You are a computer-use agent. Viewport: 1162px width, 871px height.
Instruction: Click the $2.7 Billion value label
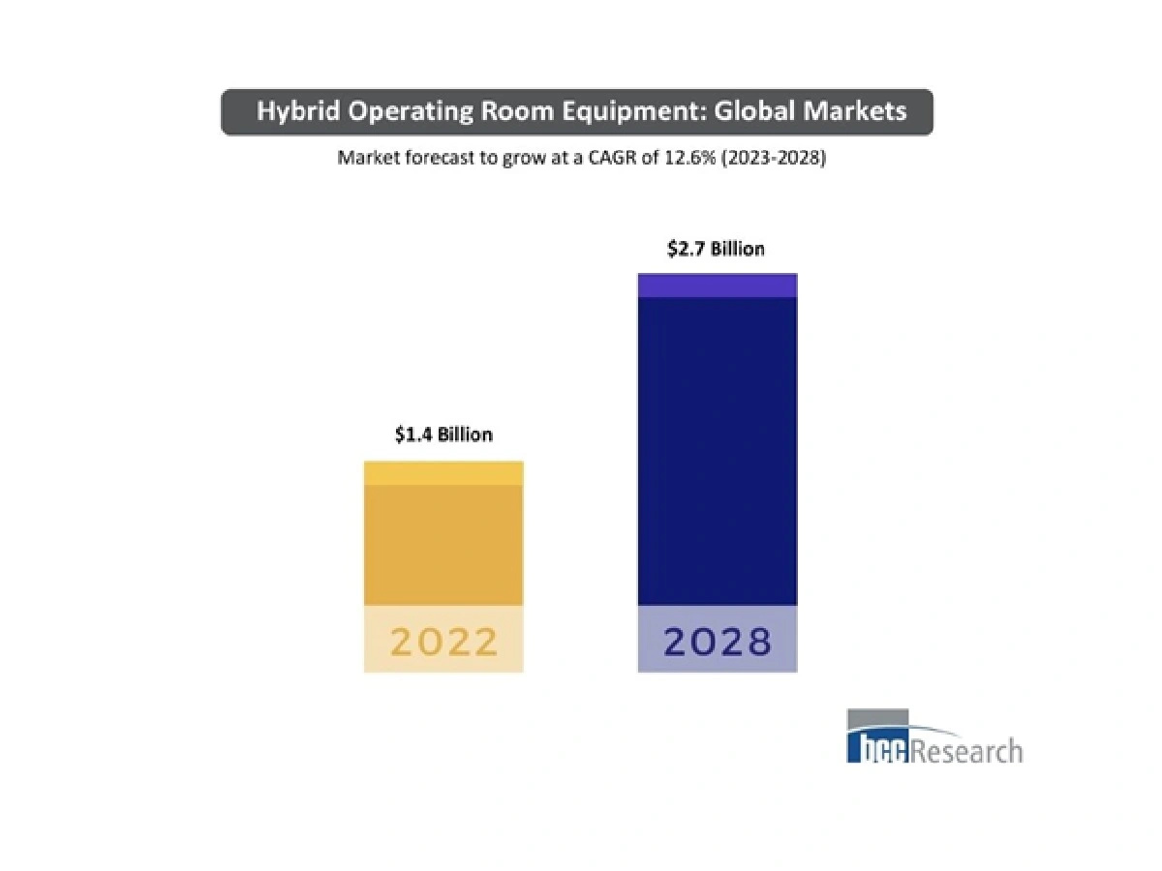(x=716, y=249)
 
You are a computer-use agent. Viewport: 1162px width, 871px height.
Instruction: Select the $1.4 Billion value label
(x=443, y=435)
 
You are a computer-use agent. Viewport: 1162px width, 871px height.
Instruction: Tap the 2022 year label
(x=443, y=641)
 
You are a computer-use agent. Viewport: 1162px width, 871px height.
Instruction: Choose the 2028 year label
(x=717, y=641)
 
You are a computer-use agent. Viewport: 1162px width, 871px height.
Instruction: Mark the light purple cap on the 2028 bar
(x=717, y=285)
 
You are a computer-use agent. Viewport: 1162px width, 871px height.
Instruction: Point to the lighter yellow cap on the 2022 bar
(x=443, y=473)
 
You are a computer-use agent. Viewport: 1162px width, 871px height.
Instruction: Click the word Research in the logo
(x=965, y=750)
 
